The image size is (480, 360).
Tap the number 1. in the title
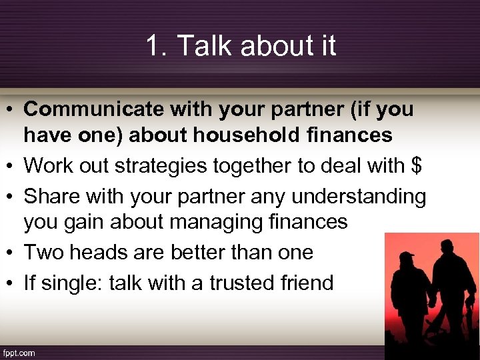157,46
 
